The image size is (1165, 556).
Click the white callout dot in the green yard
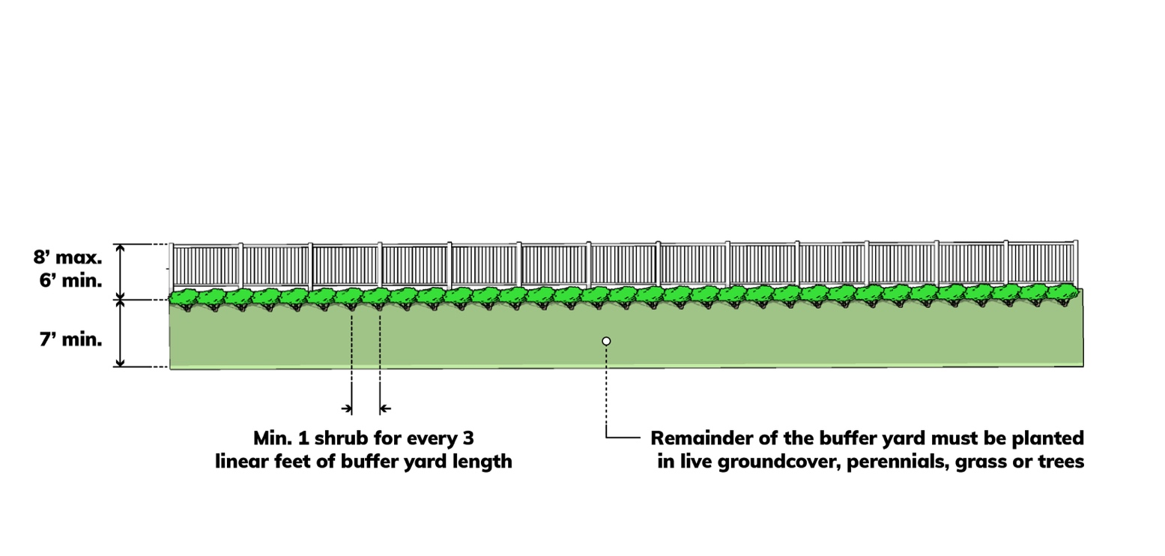click(606, 341)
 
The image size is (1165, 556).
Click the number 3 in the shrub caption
click(468, 438)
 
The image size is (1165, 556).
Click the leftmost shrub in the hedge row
click(182, 297)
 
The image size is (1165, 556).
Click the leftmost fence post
click(172, 267)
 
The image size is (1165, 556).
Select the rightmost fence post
click(1076, 263)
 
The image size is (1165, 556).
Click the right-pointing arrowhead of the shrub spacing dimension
click(347, 408)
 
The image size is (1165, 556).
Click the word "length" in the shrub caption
click(485, 462)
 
